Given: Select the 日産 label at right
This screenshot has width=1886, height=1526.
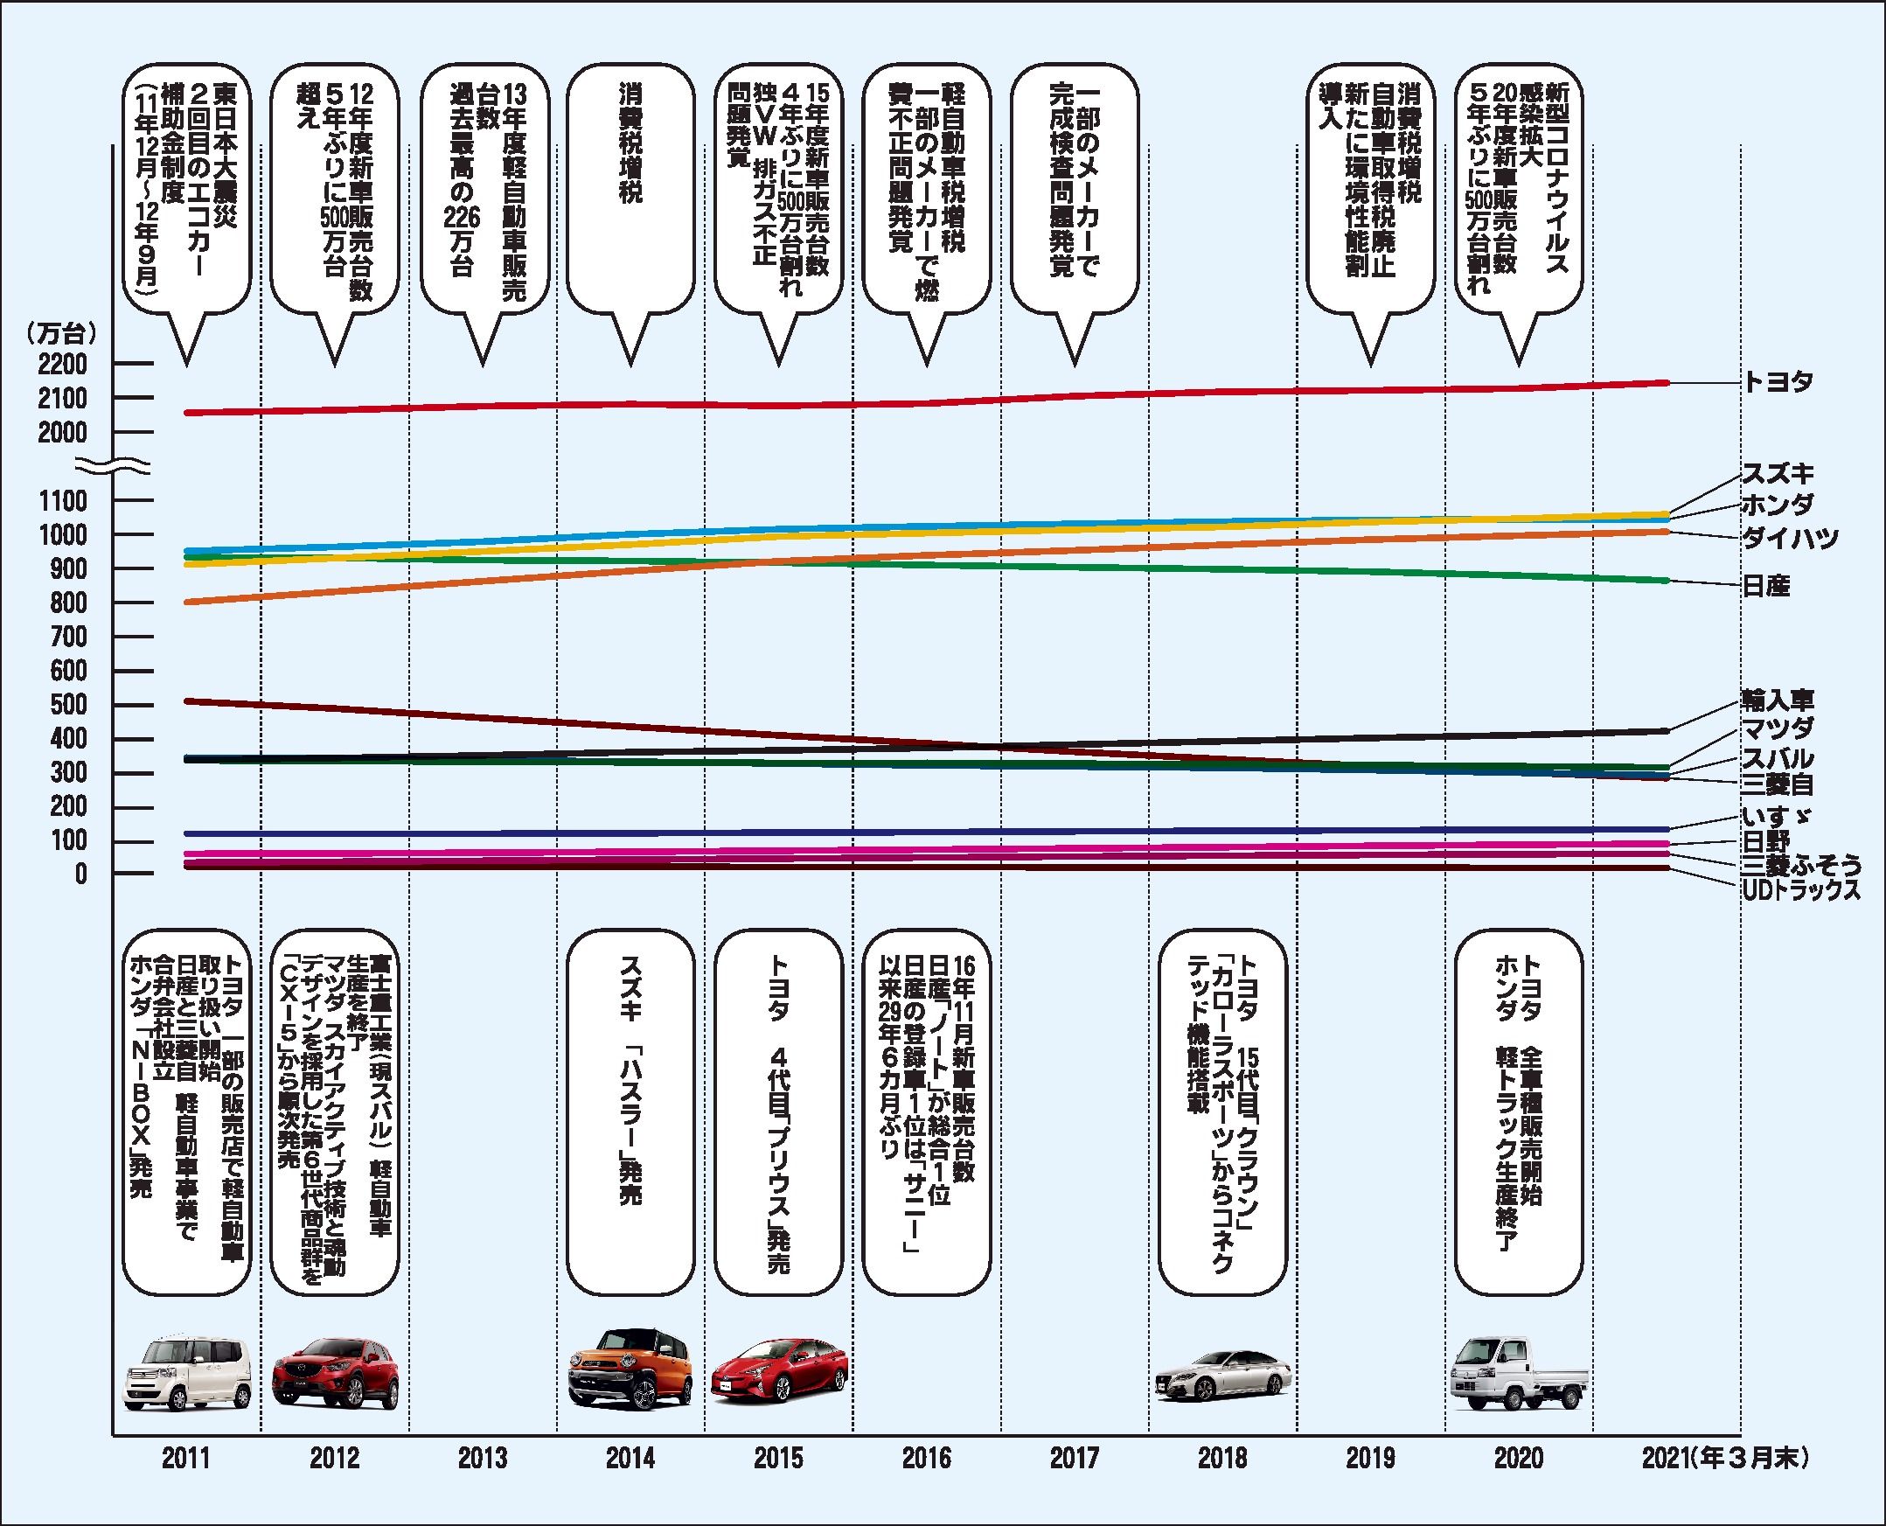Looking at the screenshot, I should coord(1765,586).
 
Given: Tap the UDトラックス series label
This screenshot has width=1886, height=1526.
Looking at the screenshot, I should coord(1801,889).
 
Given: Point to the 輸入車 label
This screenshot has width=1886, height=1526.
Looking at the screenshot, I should coord(1777,700).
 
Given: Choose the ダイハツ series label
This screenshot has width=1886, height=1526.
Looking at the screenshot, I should coord(1790,538).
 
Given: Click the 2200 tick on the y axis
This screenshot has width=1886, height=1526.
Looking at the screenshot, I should coord(63,364).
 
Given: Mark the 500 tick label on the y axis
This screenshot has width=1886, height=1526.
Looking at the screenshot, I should coord(69,705).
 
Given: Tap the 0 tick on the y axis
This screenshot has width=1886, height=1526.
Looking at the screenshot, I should coord(80,874).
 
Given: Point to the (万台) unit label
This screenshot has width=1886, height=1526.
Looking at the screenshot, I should coord(61,333).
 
